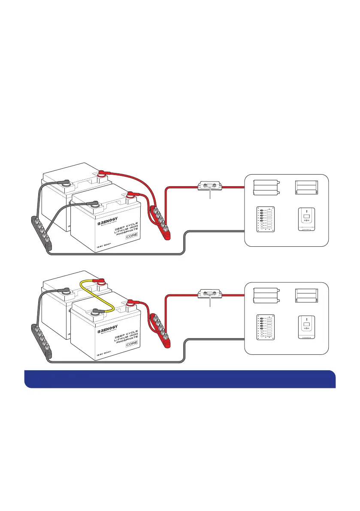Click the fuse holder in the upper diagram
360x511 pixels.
(x=210, y=187)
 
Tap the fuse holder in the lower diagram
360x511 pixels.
(x=210, y=295)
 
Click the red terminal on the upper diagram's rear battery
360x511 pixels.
(x=103, y=173)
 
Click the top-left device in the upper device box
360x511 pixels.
(x=266, y=187)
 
